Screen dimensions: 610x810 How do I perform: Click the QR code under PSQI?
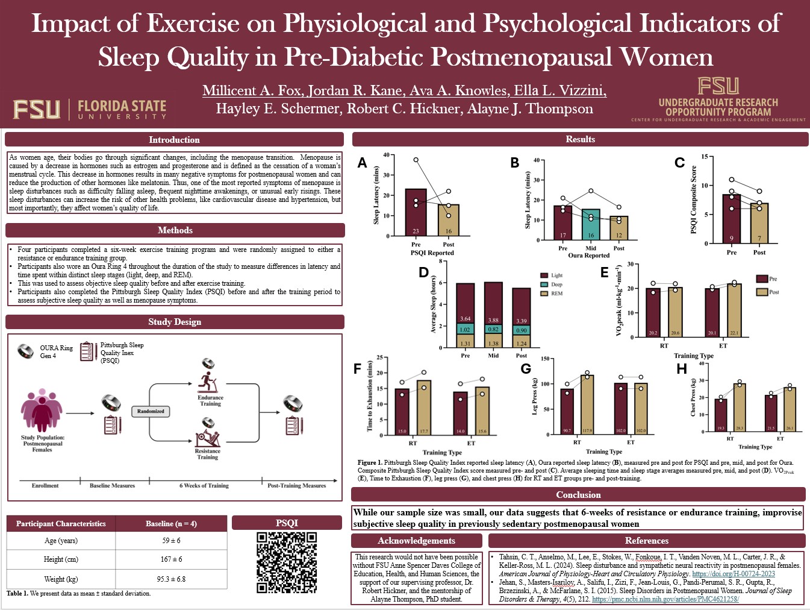click(x=287, y=562)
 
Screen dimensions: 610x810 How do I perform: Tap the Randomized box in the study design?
click(x=151, y=411)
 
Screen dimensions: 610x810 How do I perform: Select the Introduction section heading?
click(x=174, y=140)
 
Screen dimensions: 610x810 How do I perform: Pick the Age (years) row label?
click(x=61, y=541)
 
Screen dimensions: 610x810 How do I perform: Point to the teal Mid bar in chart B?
click(x=591, y=225)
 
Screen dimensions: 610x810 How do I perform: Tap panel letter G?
click(x=526, y=368)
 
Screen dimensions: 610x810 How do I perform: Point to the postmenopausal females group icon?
click(x=42, y=410)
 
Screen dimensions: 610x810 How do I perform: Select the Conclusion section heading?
click(x=578, y=495)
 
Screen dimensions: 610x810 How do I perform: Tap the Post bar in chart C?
click(x=759, y=223)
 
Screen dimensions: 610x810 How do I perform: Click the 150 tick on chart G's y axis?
click(x=545, y=359)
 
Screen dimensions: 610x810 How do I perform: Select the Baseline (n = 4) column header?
click(x=171, y=524)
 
